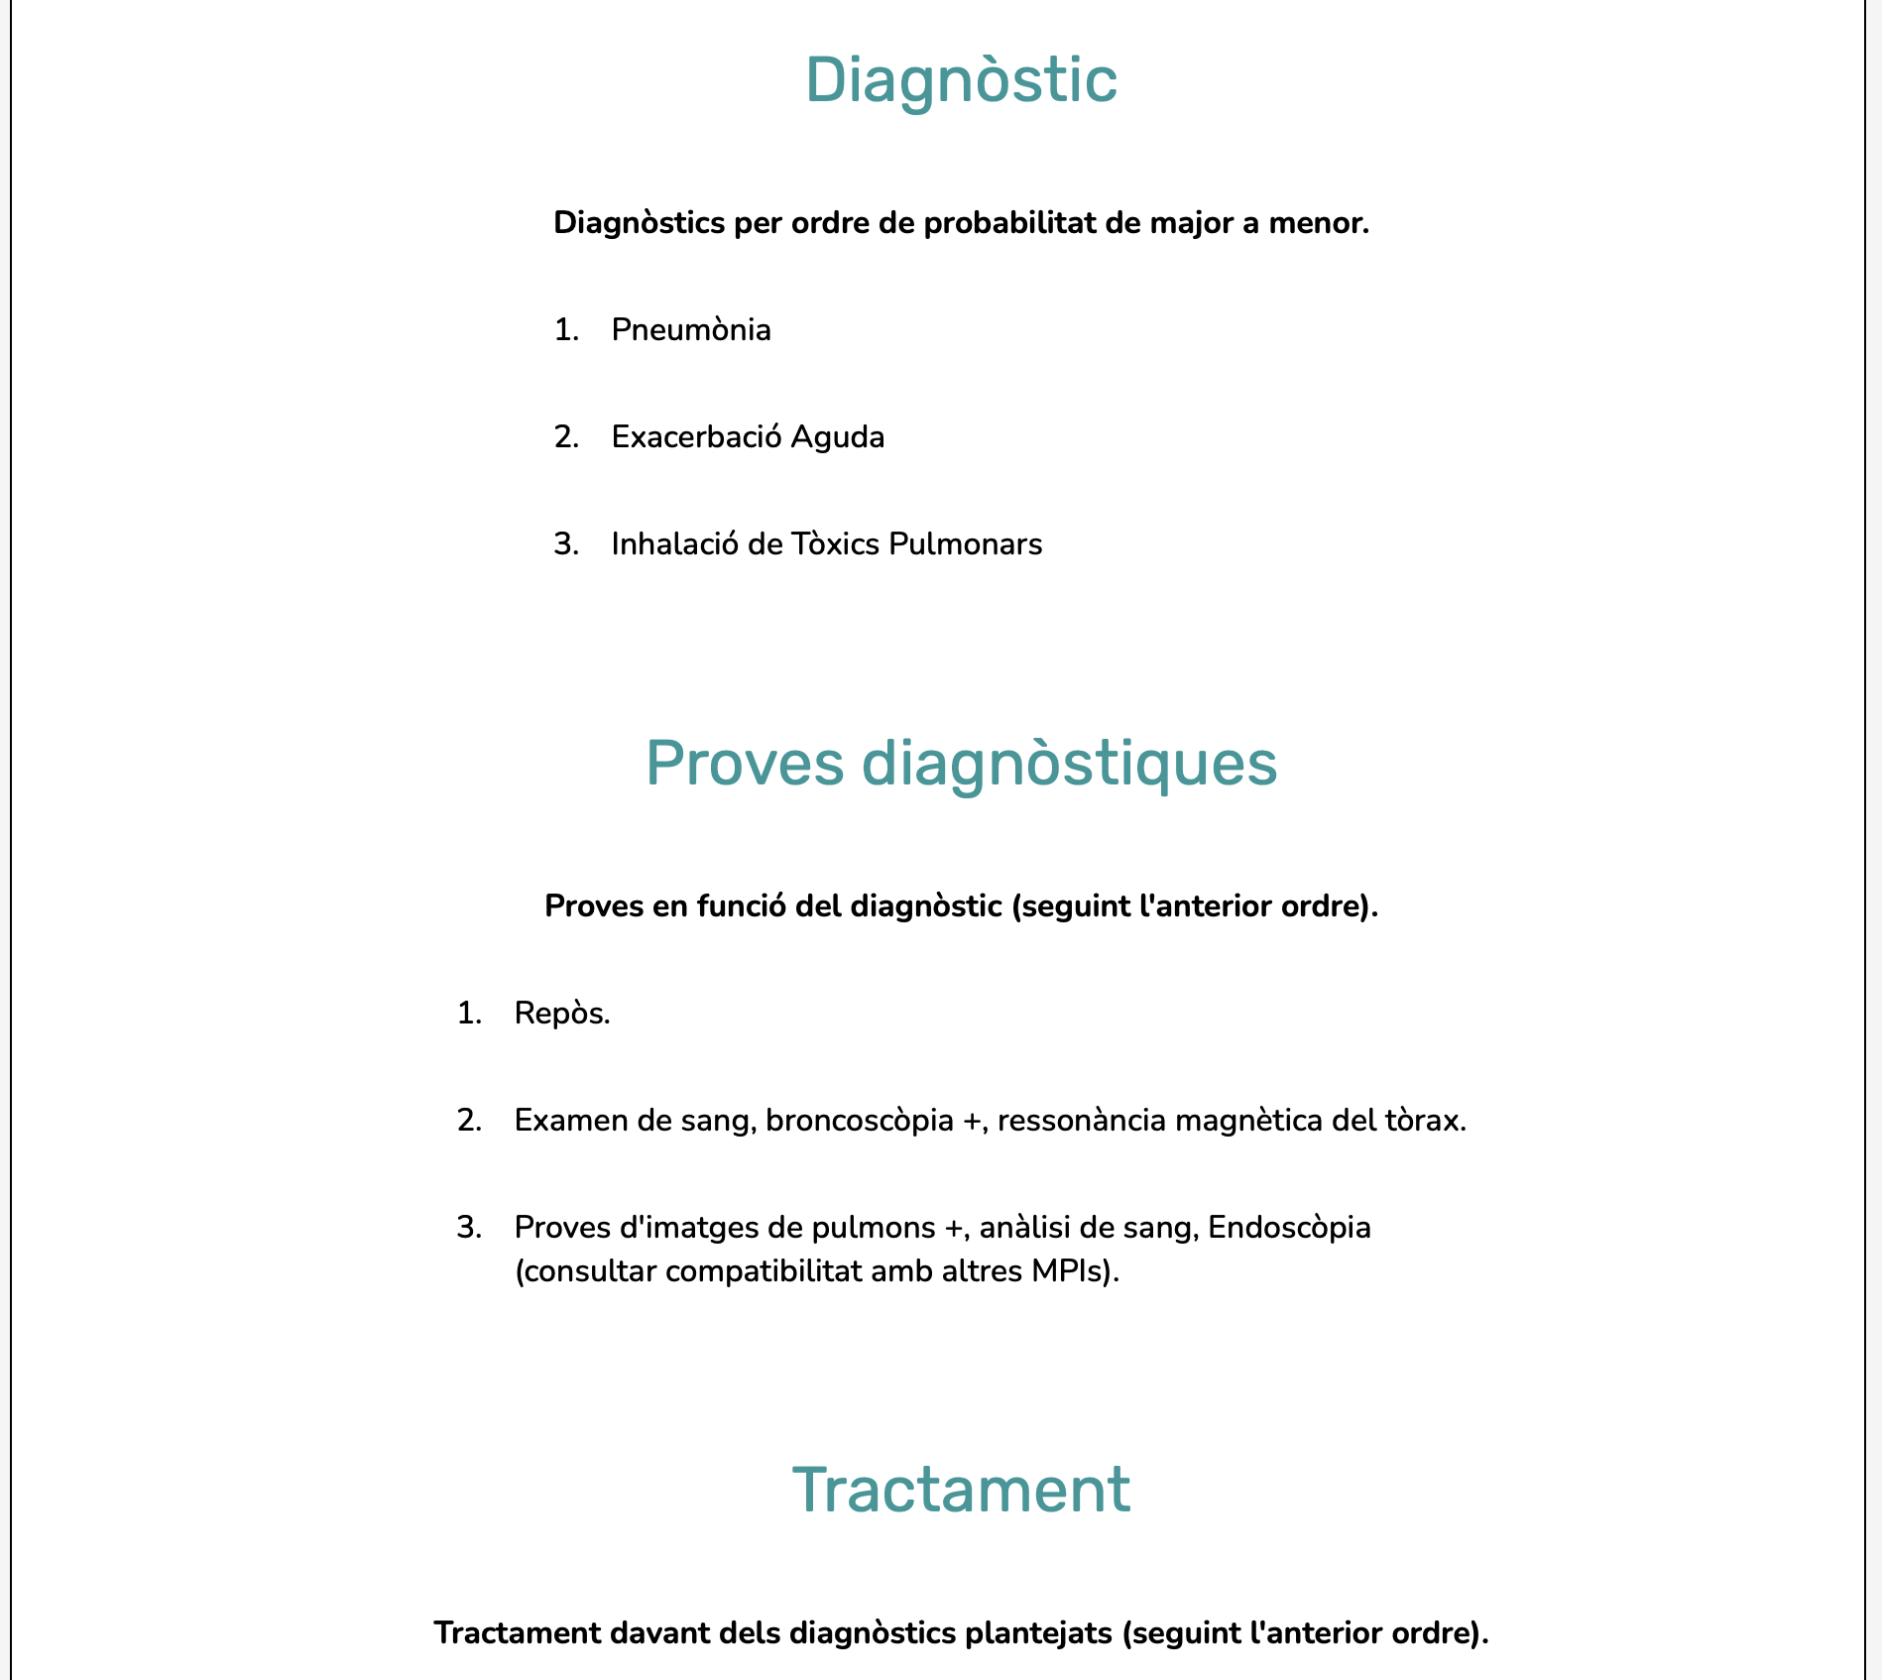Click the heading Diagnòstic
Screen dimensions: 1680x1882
coord(961,79)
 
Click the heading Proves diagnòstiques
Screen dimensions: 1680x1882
coord(961,763)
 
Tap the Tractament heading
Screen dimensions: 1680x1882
coord(961,1489)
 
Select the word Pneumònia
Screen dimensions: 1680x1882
coord(691,329)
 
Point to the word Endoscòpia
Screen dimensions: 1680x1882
coord(1289,1228)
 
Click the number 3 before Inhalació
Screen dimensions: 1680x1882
coord(565,543)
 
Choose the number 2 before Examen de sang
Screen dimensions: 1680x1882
coord(468,1121)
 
